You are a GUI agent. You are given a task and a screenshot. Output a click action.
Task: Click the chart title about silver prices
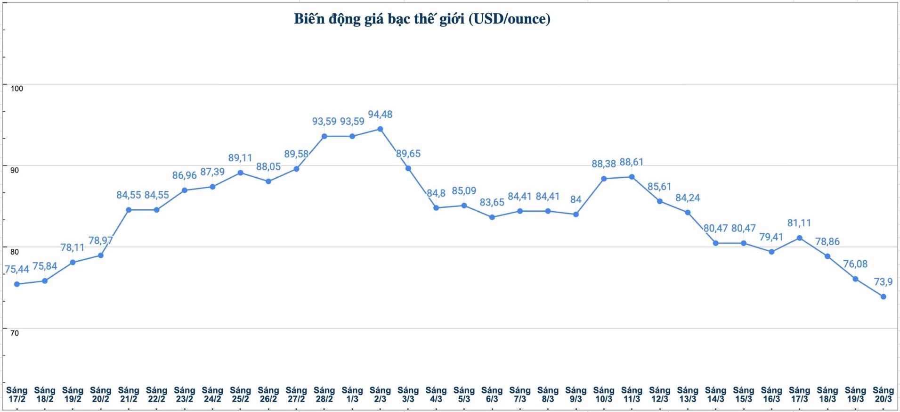pyautogui.click(x=422, y=19)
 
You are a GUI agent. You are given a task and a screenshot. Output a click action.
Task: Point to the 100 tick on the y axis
pyautogui.click(x=16, y=89)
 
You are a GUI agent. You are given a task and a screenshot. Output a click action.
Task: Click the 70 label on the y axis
pyautogui.click(x=15, y=333)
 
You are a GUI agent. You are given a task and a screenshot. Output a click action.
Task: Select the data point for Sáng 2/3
pyautogui.click(x=380, y=129)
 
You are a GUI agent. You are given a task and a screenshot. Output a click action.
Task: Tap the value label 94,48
pyautogui.click(x=380, y=115)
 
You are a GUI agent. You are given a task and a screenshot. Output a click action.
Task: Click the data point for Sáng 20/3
pyautogui.click(x=883, y=297)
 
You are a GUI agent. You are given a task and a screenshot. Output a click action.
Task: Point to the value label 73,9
pyautogui.click(x=883, y=282)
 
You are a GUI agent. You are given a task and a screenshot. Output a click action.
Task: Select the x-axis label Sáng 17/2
pyautogui.click(x=16, y=395)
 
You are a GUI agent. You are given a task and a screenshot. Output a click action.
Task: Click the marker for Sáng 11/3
pyautogui.click(x=632, y=177)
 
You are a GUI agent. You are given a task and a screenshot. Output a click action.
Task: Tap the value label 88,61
pyautogui.click(x=632, y=162)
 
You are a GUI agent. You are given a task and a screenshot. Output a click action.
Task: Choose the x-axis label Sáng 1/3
pyautogui.click(x=352, y=395)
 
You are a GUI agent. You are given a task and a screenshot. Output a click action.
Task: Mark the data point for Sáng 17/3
pyautogui.click(x=799, y=238)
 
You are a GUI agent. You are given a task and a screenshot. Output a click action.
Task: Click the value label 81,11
pyautogui.click(x=799, y=223)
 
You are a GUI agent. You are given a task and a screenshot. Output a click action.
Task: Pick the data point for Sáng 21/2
pyautogui.click(x=129, y=210)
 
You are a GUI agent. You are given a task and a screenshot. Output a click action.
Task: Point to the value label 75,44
pyautogui.click(x=17, y=270)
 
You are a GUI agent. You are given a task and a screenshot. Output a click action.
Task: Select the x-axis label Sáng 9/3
pyautogui.click(x=576, y=395)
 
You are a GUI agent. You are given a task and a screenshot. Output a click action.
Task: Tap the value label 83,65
pyautogui.click(x=492, y=203)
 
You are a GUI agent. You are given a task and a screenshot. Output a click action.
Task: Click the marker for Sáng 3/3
pyautogui.click(x=408, y=168)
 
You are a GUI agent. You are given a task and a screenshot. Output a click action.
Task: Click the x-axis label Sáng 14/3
pyautogui.click(x=715, y=395)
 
